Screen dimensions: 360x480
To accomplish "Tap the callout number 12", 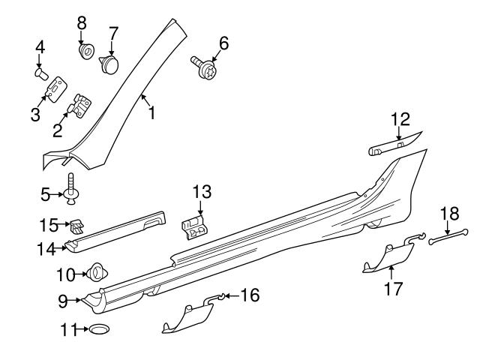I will (400, 118).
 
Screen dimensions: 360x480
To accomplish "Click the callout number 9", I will (63, 300).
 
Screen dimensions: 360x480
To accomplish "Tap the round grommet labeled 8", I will (85, 52).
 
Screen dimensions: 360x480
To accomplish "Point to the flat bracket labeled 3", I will (54, 91).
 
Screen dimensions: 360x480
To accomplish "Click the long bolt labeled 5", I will (72, 187).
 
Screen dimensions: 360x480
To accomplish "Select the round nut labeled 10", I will (97, 271).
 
